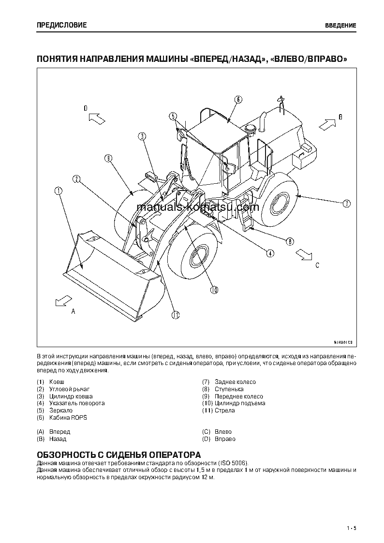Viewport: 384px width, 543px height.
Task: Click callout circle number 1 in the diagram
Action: pyautogui.click(x=59, y=191)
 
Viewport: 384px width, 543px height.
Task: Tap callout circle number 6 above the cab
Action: pyautogui.click(x=238, y=100)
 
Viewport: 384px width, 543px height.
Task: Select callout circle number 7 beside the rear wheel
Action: pyautogui.click(x=346, y=204)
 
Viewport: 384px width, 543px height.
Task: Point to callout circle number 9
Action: pyautogui.click(x=108, y=158)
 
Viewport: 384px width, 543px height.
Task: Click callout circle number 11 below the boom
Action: pyautogui.click(x=175, y=315)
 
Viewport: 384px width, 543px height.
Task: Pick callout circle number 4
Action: pyautogui.click(x=270, y=252)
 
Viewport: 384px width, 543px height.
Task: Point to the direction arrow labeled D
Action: pyautogui.click(x=98, y=117)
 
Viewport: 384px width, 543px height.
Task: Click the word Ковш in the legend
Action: pyautogui.click(x=57, y=382)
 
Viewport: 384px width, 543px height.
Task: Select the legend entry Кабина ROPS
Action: pyautogui.click(x=68, y=417)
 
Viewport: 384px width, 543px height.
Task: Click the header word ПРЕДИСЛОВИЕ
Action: pyautogui.click(x=61, y=25)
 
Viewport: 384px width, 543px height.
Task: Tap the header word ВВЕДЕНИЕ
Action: pyautogui.click(x=340, y=25)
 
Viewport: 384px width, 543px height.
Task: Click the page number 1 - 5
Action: pyautogui.click(x=351, y=528)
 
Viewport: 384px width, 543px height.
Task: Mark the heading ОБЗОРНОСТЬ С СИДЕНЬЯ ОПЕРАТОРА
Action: pyautogui.click(x=118, y=455)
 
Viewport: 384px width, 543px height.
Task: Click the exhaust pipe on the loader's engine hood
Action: pyautogui.click(x=264, y=121)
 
